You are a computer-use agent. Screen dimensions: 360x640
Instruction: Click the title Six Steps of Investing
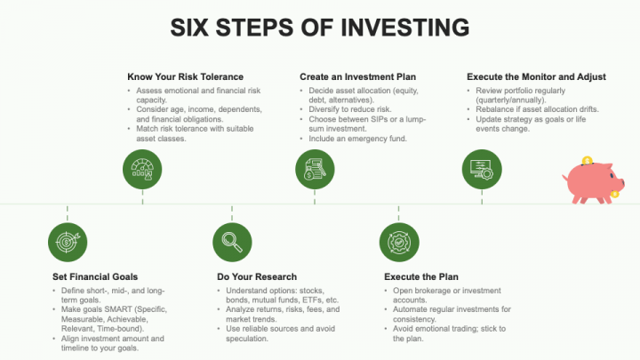[x=320, y=28]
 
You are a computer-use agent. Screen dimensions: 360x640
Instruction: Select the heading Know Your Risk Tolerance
[x=185, y=77]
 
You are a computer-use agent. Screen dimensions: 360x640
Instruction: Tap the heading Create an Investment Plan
[x=357, y=77]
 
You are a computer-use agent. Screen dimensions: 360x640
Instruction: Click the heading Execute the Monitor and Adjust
[x=536, y=77]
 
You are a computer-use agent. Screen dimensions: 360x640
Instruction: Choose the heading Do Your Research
[x=258, y=277]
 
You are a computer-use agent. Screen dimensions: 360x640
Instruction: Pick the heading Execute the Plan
[x=420, y=277]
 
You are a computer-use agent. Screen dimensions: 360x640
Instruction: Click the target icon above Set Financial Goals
[x=68, y=241]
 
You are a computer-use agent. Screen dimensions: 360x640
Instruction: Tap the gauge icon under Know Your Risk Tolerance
[x=142, y=170]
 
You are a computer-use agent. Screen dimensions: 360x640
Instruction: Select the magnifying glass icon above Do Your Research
[x=233, y=241]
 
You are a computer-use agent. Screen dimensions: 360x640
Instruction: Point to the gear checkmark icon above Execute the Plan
[x=398, y=241]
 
